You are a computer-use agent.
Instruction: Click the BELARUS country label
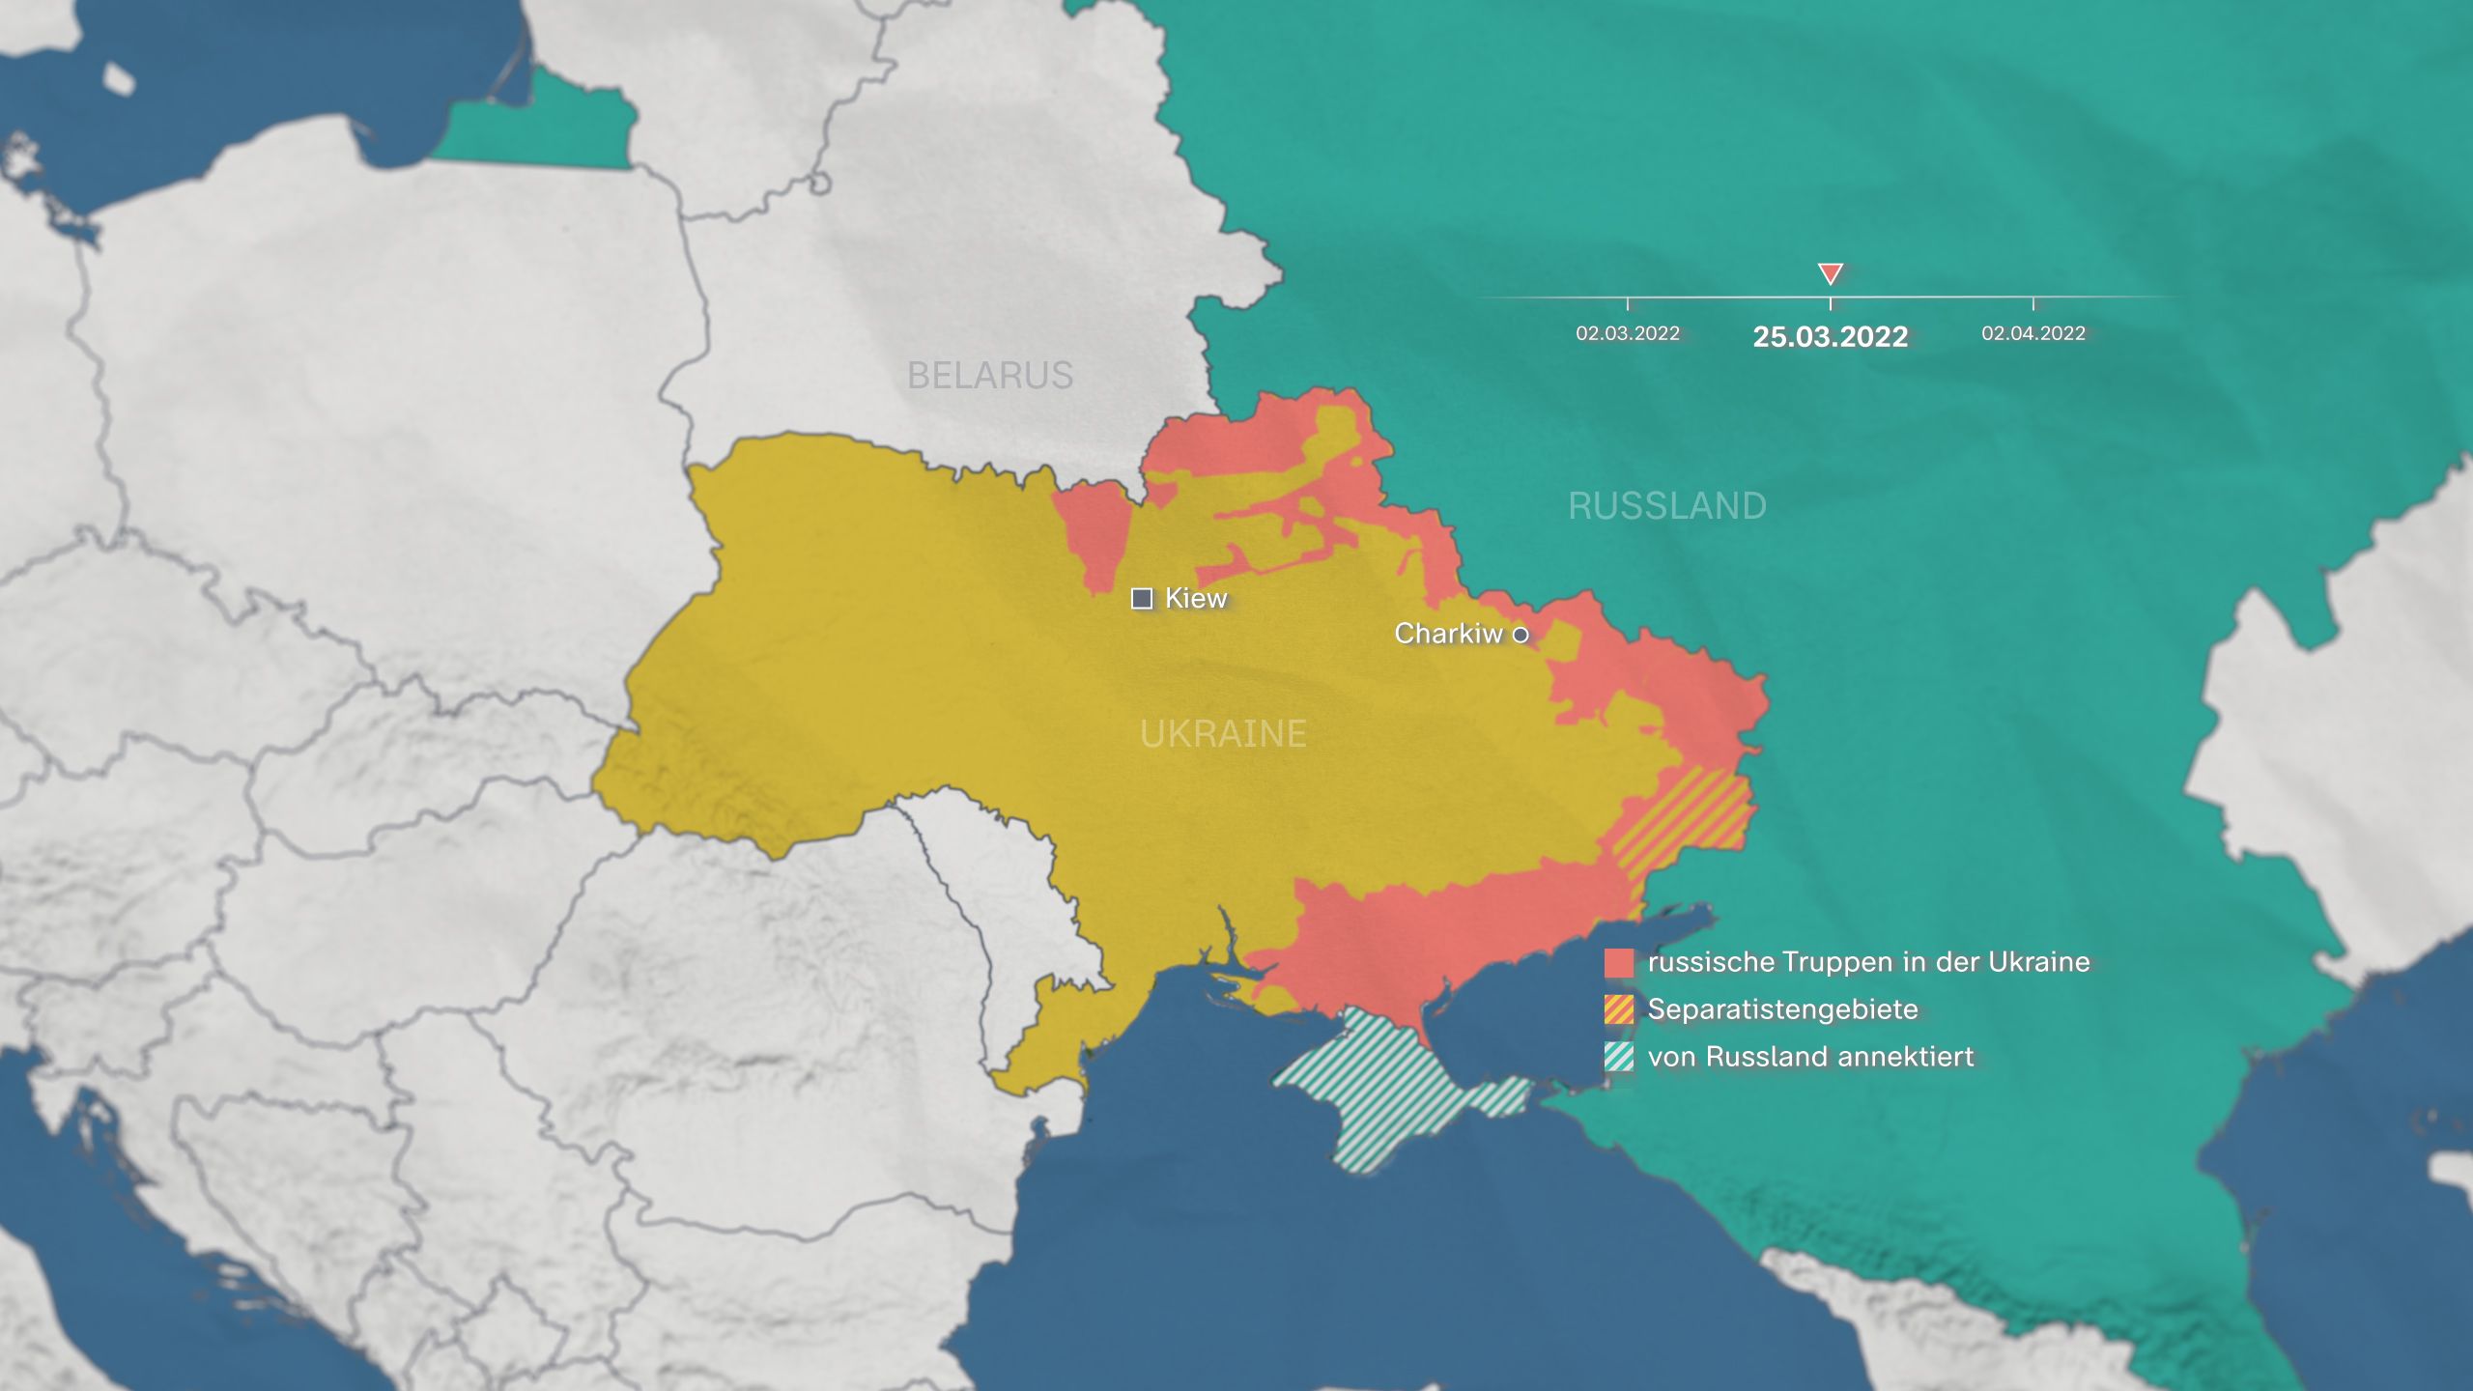tap(990, 375)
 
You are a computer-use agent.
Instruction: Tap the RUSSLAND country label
tap(1667, 506)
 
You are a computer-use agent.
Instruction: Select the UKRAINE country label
tap(1223, 734)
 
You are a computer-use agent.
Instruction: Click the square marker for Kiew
tap(1142, 599)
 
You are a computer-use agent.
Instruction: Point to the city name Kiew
tap(1196, 599)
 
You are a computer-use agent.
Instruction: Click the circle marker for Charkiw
tap(1521, 635)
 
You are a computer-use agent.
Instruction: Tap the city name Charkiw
tap(1448, 634)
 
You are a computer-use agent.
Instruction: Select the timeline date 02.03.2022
tap(1628, 333)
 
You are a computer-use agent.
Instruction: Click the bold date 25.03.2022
tap(1831, 337)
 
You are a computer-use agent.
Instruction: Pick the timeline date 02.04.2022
tap(2033, 333)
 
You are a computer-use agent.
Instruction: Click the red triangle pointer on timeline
tap(1831, 273)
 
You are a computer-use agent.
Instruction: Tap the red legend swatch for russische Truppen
tap(1619, 963)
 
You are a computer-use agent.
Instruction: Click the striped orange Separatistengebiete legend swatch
tap(1619, 1009)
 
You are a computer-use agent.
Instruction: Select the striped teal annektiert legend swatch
tap(1619, 1057)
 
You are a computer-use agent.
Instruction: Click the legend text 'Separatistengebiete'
tap(1782, 1009)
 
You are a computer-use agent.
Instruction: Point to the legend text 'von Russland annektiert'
tap(1810, 1057)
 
